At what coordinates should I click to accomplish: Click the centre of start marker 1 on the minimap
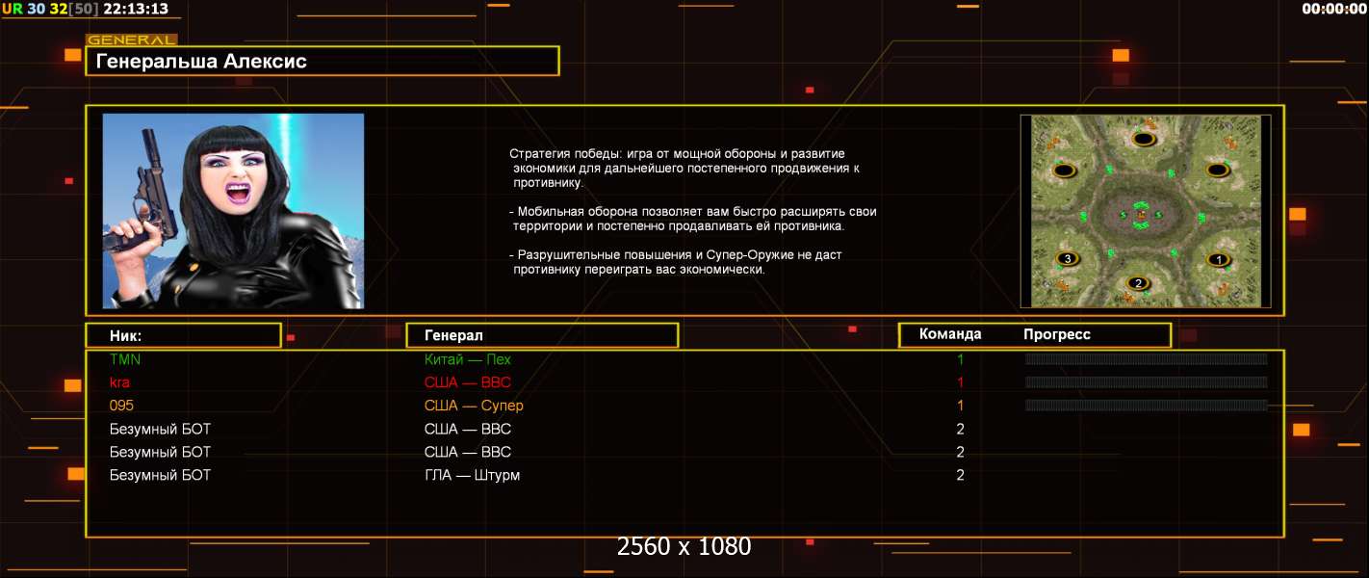(x=1218, y=260)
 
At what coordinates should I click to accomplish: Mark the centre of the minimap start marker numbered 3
(x=1067, y=258)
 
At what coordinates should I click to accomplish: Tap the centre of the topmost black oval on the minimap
(x=1143, y=139)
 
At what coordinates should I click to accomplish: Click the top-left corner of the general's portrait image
(x=103, y=114)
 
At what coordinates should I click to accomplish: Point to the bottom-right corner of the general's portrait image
(x=364, y=308)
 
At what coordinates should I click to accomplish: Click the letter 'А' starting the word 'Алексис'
(x=230, y=61)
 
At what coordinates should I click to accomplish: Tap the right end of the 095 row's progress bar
(x=1267, y=405)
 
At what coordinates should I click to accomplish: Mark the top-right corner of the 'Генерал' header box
(x=679, y=323)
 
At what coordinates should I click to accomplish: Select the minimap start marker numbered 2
(x=1137, y=283)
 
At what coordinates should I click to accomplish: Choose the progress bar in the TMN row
(x=1146, y=359)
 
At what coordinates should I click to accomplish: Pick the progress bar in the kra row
(x=1146, y=382)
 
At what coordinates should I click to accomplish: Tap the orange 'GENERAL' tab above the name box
(x=131, y=39)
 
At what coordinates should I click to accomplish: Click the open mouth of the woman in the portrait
(x=238, y=193)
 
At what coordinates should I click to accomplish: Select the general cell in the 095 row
(x=474, y=406)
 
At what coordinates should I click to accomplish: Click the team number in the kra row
(x=960, y=382)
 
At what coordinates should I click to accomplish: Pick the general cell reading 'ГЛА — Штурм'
(x=472, y=475)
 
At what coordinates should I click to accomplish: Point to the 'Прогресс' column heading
(x=1057, y=334)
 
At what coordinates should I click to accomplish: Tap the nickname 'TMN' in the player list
(x=125, y=359)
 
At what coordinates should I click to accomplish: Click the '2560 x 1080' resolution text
(x=684, y=546)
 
